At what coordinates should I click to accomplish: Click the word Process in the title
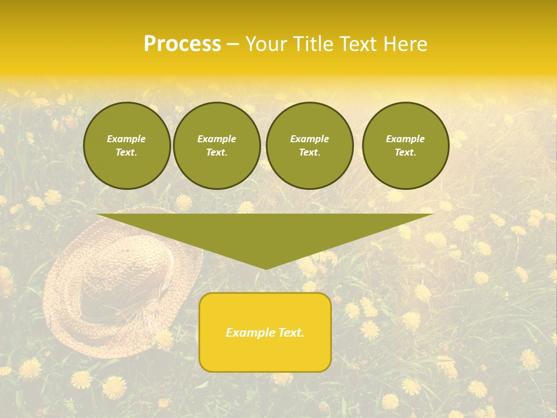point(182,44)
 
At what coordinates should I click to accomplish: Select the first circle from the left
point(126,145)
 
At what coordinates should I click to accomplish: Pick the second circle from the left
point(216,145)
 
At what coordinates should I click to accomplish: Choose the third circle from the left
point(309,145)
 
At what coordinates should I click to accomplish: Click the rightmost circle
point(405,145)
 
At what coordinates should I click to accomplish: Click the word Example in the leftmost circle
point(126,139)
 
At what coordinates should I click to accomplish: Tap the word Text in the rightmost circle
point(405,152)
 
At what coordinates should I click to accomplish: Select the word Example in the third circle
point(309,139)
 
